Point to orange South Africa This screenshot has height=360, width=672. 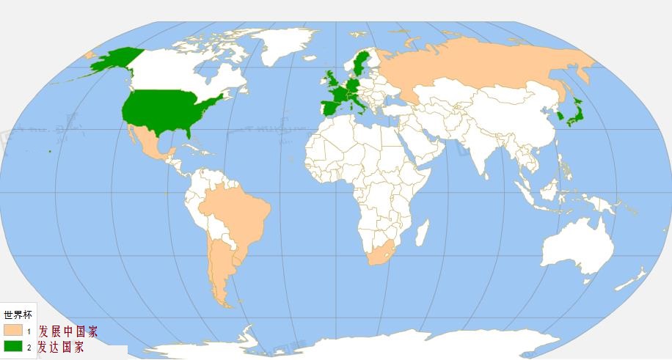click(x=381, y=253)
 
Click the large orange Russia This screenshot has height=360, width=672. click(x=477, y=66)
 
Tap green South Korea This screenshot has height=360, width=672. click(x=559, y=116)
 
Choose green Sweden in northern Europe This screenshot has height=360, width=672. click(x=360, y=62)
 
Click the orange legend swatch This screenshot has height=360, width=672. click(x=12, y=331)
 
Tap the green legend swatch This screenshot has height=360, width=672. click(x=12, y=347)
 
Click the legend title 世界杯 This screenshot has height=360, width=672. click(x=18, y=315)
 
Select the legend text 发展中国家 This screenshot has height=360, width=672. click(x=67, y=331)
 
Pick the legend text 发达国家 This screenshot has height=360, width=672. click(x=61, y=347)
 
